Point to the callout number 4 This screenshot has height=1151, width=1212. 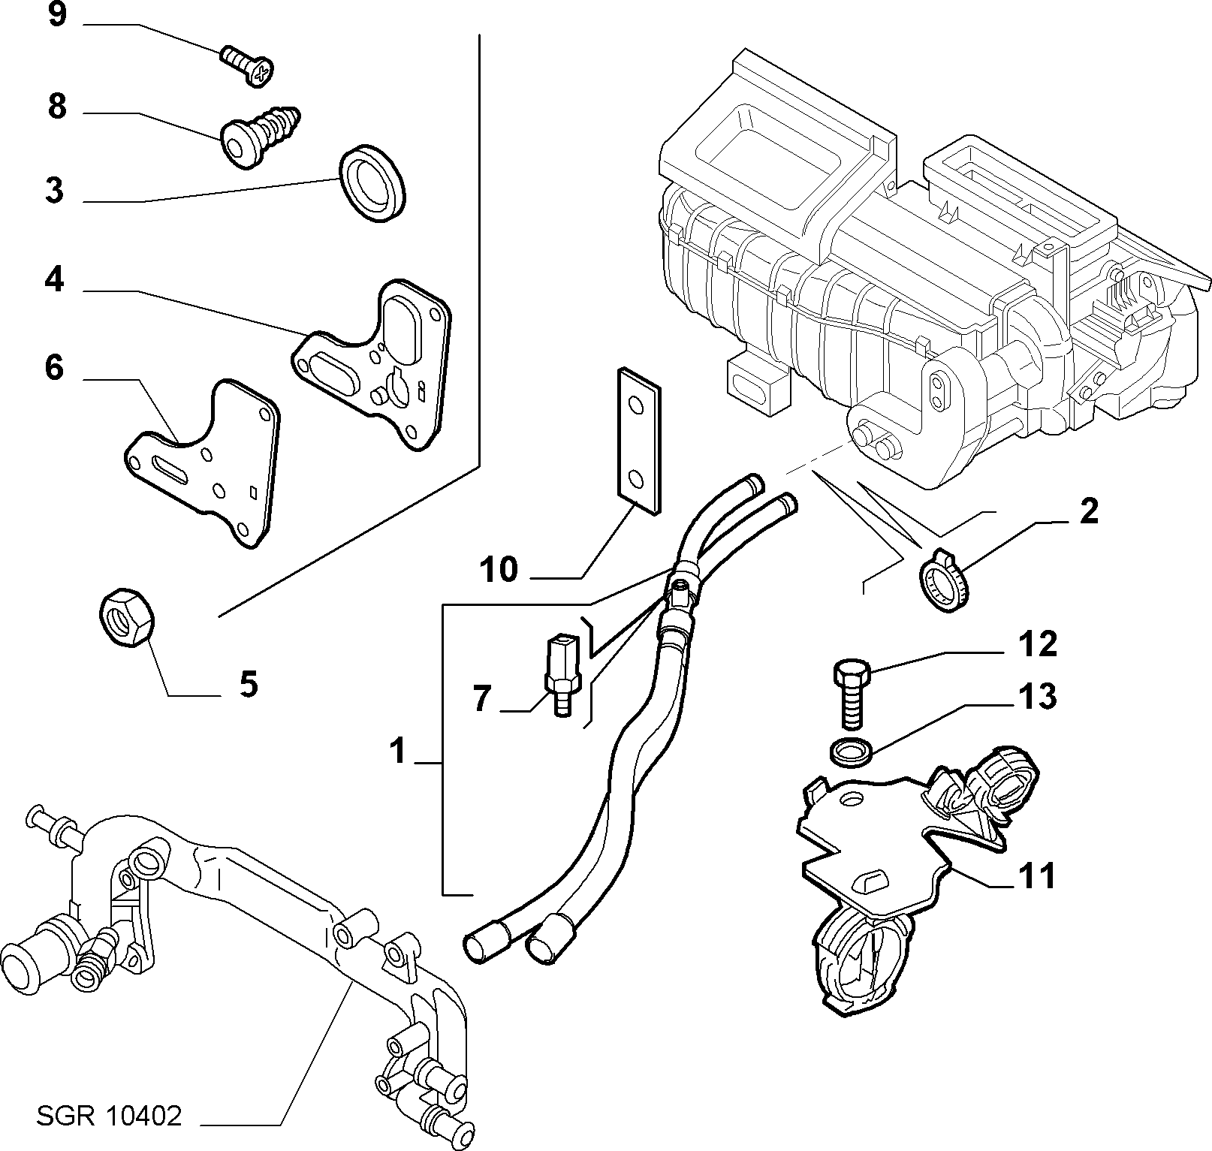[54, 281]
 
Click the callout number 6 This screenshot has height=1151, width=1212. [54, 369]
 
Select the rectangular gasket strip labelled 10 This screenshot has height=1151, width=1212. [640, 440]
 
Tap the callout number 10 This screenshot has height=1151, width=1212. [499, 569]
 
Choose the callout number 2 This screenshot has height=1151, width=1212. [1088, 511]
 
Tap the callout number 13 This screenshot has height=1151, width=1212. [1038, 697]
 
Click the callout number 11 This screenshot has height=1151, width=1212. [1037, 875]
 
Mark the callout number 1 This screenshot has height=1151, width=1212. [398, 749]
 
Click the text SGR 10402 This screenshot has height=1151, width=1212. [109, 1116]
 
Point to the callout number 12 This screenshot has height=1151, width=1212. [1038, 644]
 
